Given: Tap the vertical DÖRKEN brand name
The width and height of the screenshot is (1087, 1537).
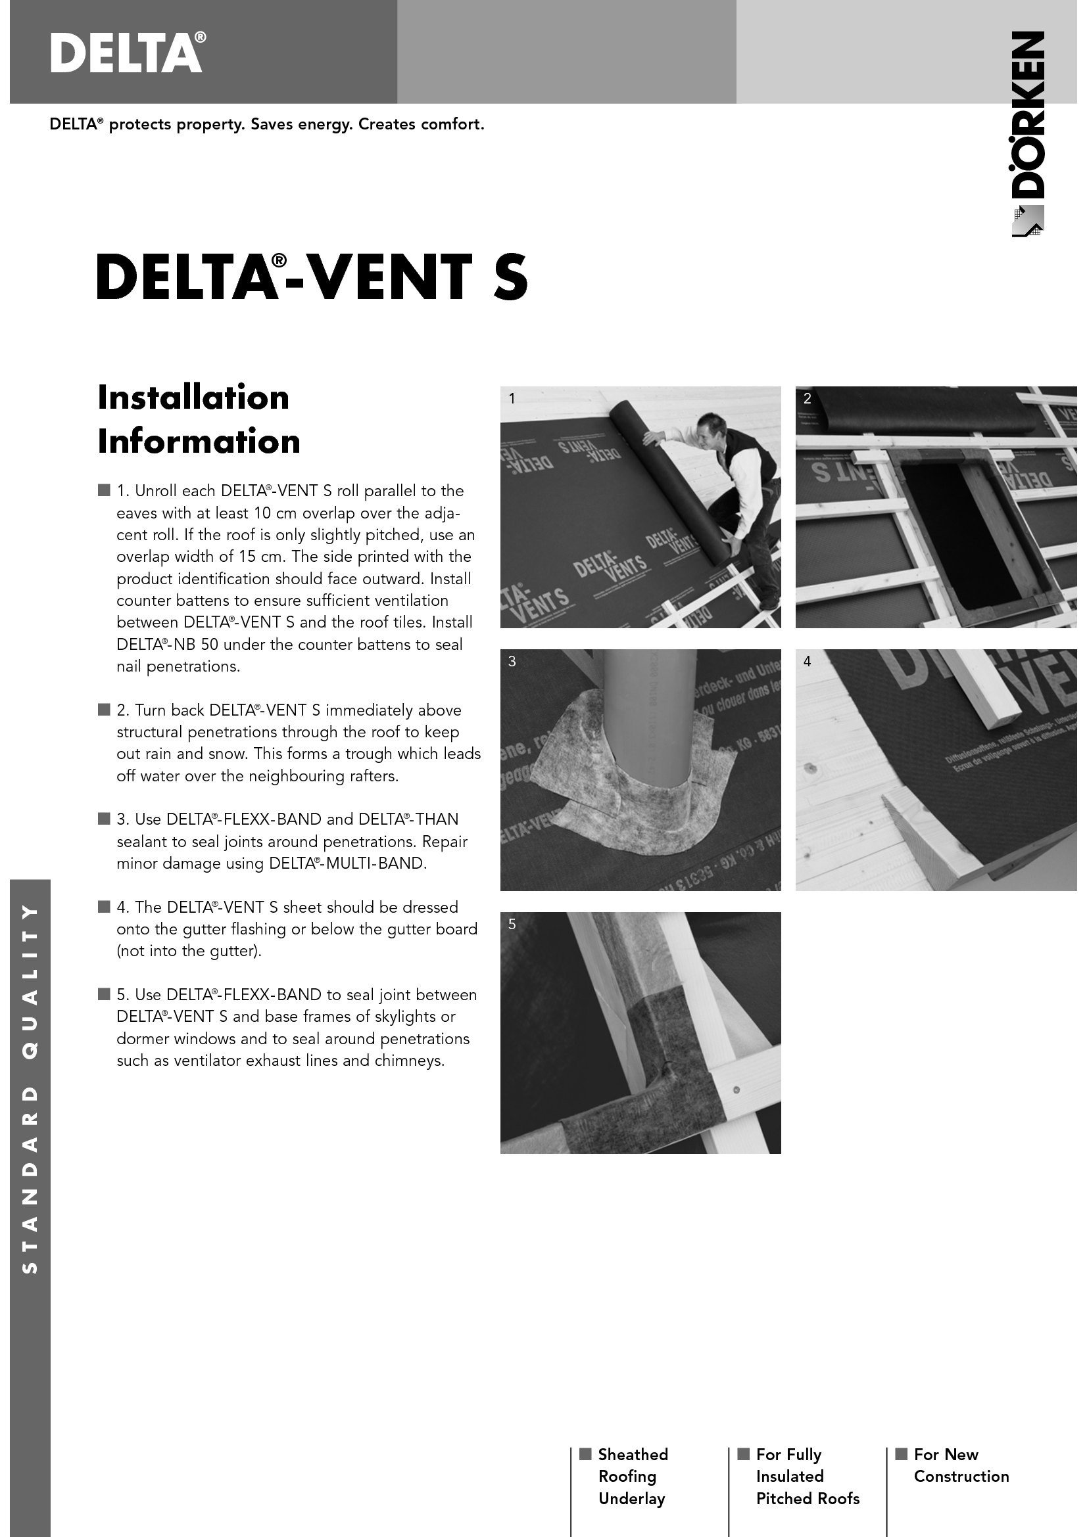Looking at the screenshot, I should pyautogui.click(x=1027, y=114).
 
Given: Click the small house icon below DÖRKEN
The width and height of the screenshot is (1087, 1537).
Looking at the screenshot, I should pyautogui.click(x=1027, y=221).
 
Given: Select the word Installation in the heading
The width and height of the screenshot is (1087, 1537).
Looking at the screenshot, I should pyautogui.click(x=193, y=397).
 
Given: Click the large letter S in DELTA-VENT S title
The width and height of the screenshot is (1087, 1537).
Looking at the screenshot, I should pyautogui.click(x=510, y=277).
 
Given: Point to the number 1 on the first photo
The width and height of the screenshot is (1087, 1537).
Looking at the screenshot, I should pyautogui.click(x=512, y=399).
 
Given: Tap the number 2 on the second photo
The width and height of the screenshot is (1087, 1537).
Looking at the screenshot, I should pyautogui.click(x=807, y=399).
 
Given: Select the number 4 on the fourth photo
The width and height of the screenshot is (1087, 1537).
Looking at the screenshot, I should pyautogui.click(x=807, y=662).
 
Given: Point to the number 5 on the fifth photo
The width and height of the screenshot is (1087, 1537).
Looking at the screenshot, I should pyautogui.click(x=512, y=925).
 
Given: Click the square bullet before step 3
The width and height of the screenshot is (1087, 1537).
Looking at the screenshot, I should pyautogui.click(x=104, y=819).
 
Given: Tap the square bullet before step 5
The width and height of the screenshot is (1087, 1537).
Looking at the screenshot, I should pyautogui.click(x=104, y=994).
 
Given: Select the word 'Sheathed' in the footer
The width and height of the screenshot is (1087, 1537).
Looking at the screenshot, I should pyautogui.click(x=633, y=1454).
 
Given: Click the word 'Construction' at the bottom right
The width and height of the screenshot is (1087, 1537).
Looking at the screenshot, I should pyautogui.click(x=961, y=1476).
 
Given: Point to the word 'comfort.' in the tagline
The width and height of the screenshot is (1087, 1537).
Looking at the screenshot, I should pyautogui.click(x=456, y=124).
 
